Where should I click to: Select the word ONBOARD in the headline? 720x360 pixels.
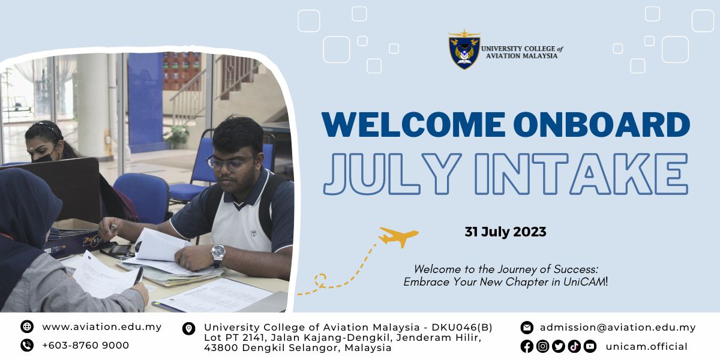(602, 125)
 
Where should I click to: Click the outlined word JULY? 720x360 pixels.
(392, 174)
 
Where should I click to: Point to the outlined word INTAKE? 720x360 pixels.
(581, 174)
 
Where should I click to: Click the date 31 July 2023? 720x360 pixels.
(505, 232)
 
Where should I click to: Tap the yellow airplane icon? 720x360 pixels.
(398, 236)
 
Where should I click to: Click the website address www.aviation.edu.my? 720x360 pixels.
(102, 327)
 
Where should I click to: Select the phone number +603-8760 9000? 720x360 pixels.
(85, 345)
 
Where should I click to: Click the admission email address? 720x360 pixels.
(618, 327)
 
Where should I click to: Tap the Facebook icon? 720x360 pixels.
(527, 346)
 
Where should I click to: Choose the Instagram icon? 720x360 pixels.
(542, 346)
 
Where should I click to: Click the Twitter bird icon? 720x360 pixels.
(559, 346)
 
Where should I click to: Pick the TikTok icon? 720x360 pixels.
(574, 346)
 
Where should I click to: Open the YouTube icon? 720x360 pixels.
(590, 346)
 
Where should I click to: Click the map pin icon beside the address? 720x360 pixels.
(188, 329)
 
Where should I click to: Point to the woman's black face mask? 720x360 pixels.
(43, 157)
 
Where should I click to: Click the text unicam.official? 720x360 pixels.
(646, 347)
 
